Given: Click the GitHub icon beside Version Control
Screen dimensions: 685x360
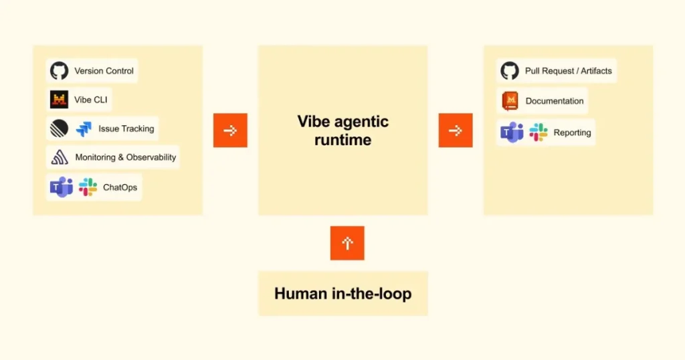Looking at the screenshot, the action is (x=59, y=71).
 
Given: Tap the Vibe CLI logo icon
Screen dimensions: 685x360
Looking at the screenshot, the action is (x=59, y=100).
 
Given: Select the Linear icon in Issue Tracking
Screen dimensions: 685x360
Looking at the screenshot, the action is (x=59, y=128).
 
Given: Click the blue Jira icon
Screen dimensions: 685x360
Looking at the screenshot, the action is (x=84, y=129).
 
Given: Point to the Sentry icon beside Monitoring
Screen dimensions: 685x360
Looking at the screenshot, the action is (x=60, y=157).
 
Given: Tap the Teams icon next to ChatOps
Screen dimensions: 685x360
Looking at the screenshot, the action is (x=61, y=187).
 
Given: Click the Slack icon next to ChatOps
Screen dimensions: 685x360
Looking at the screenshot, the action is (x=88, y=187).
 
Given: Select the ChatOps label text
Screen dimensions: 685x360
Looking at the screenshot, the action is (x=120, y=187).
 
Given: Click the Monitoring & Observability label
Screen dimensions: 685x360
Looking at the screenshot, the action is (x=126, y=157).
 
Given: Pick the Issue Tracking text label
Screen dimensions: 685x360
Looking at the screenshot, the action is (x=126, y=129).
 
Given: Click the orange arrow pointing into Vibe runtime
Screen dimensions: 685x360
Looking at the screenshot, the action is (x=230, y=130).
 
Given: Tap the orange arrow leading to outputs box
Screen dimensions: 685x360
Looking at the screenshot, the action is (x=456, y=130).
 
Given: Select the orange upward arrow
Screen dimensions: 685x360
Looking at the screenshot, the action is (x=347, y=243).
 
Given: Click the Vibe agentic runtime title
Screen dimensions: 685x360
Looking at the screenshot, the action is (x=343, y=130).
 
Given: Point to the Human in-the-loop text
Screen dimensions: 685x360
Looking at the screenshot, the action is (x=343, y=294).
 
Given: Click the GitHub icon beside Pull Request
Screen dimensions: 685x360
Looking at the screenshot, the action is (x=510, y=71).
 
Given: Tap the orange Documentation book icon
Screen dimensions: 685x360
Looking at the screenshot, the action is (x=510, y=101).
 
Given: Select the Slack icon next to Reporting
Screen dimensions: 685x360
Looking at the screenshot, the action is (x=539, y=132).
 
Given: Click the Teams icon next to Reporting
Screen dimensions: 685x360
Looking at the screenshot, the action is (x=512, y=132).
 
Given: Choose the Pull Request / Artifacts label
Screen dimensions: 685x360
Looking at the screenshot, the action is (x=569, y=71).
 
